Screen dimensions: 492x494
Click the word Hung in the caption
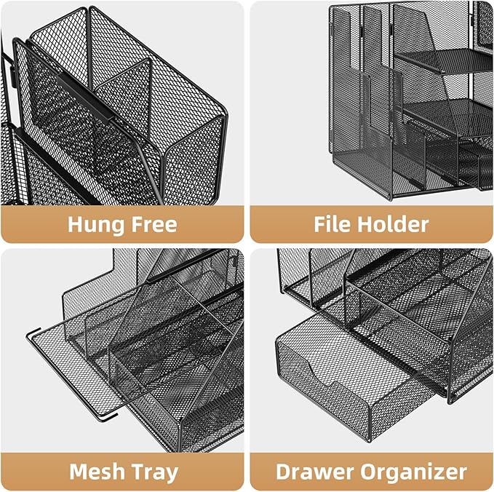point(97,224)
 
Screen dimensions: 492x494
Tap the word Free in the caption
point(151,224)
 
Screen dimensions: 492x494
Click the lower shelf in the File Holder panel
point(437,109)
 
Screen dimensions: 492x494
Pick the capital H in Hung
point(76,224)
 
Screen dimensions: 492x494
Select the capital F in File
point(321,224)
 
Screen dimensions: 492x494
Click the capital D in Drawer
point(284,472)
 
